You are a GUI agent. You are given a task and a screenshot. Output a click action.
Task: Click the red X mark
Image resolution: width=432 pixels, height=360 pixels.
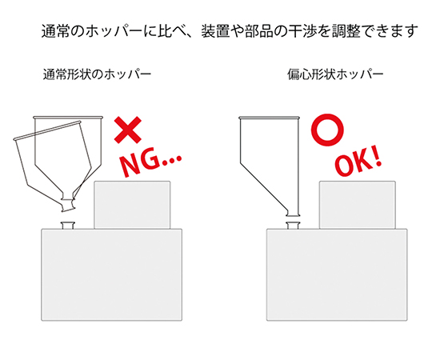pyautogui.click(x=128, y=130)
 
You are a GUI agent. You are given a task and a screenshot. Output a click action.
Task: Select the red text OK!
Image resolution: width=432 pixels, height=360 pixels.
pyautogui.click(x=358, y=163)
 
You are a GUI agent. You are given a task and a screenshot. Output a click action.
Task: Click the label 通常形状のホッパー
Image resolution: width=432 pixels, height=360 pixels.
pyautogui.click(x=98, y=74)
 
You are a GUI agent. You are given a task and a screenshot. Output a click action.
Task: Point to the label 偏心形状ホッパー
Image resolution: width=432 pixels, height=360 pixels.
pyautogui.click(x=335, y=74)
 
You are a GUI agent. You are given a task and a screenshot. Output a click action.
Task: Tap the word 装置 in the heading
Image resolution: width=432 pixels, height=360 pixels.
pyautogui.click(x=215, y=31)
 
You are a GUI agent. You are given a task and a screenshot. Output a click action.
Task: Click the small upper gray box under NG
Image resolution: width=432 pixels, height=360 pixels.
pyautogui.click(x=132, y=205)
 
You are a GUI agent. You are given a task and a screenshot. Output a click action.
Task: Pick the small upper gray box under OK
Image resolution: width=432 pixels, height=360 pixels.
pyautogui.click(x=358, y=205)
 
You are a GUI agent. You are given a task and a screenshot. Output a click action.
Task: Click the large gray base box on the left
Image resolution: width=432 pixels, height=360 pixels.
pyautogui.click(x=111, y=275)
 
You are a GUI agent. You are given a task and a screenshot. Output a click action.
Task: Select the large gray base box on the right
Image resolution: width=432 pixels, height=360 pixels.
pyautogui.click(x=337, y=275)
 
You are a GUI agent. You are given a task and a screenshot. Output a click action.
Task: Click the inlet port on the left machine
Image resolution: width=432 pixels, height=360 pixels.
pyautogui.click(x=68, y=225)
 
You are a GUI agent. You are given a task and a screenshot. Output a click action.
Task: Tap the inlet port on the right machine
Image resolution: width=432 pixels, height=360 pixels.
pyautogui.click(x=293, y=225)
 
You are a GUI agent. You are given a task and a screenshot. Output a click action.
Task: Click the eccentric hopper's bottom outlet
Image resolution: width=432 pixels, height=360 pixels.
pyautogui.click(x=293, y=213)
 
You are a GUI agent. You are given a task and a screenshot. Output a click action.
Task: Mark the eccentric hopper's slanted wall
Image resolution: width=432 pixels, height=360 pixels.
pyautogui.click(x=264, y=186)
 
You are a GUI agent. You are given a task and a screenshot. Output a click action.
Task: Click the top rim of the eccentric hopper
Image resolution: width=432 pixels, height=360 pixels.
pyautogui.click(x=269, y=118)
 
